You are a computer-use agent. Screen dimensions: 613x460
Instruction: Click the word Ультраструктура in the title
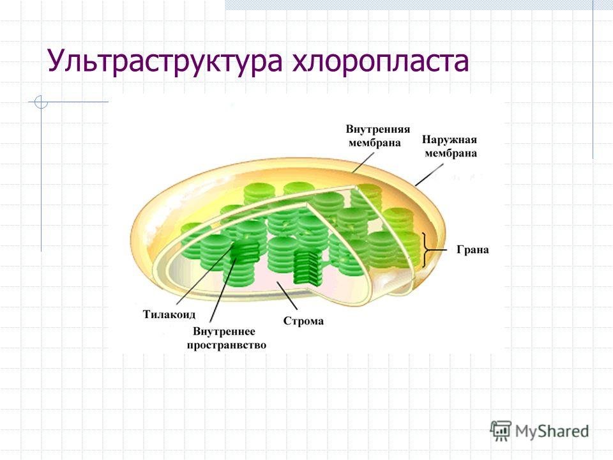coord(165,62)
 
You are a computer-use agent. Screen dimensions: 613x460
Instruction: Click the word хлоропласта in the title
coord(381,62)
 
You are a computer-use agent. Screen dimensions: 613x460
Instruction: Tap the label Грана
coord(473,250)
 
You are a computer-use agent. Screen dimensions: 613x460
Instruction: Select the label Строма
coord(303,321)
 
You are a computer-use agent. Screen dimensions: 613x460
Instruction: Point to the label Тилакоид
coord(169,314)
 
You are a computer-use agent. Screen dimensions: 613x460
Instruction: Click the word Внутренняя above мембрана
coord(377,130)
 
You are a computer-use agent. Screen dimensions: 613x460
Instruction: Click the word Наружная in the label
coord(450,140)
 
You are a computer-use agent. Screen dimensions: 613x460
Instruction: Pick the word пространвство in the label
coord(226,346)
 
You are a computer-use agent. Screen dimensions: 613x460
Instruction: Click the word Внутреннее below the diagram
coord(224,332)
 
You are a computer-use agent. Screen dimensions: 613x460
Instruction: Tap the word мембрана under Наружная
coord(451,153)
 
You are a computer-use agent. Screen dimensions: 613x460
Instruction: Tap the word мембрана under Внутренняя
coord(375,143)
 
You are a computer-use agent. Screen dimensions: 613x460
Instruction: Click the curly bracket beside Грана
coord(425,250)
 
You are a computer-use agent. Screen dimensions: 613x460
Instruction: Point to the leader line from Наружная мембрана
coord(429,175)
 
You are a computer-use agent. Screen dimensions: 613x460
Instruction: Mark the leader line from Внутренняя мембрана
coord(363,162)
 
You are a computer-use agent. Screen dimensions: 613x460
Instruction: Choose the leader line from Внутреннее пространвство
coord(223,289)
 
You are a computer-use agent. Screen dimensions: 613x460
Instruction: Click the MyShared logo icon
coord(501,431)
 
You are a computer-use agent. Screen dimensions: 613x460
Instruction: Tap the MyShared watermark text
coord(552,431)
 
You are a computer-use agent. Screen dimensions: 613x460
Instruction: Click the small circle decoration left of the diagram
coord(41,102)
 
